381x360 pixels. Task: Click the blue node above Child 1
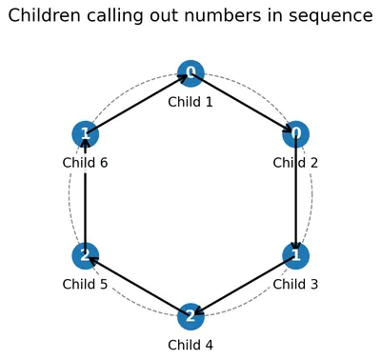(190, 73)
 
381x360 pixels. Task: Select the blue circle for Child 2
(295, 134)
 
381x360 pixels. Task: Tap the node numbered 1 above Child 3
(295, 255)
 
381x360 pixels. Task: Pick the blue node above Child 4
(190, 316)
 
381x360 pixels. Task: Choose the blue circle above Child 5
(86, 255)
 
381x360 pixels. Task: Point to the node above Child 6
(86, 134)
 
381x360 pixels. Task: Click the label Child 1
(190, 102)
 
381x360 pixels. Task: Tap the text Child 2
(295, 163)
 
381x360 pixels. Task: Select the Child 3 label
(295, 284)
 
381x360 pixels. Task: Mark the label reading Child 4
(190, 345)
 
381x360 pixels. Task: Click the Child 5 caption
(85, 284)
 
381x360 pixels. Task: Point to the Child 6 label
(85, 163)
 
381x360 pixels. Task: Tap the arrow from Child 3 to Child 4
(243, 286)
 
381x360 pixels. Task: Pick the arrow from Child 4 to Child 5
(138, 286)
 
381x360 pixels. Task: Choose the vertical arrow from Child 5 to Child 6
(86, 194)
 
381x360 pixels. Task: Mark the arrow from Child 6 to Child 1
(138, 104)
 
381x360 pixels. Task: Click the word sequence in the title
(331, 16)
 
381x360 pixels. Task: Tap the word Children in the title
(44, 15)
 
